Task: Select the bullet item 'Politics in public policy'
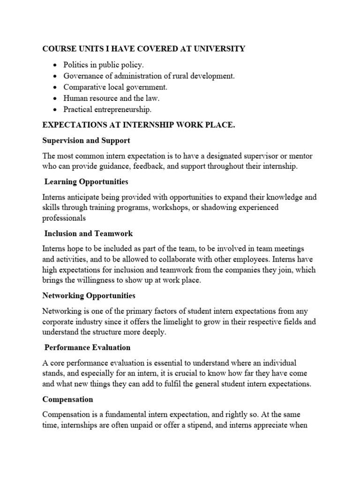(100, 65)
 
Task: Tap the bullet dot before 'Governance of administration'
(56, 76)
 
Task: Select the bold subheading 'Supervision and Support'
(86, 140)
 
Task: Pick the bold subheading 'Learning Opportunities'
(86, 181)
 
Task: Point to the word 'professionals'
(64, 218)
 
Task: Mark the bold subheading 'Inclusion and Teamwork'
(89, 233)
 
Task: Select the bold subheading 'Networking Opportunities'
(89, 296)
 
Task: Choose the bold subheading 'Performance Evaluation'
(88, 347)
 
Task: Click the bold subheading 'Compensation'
(68, 399)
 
